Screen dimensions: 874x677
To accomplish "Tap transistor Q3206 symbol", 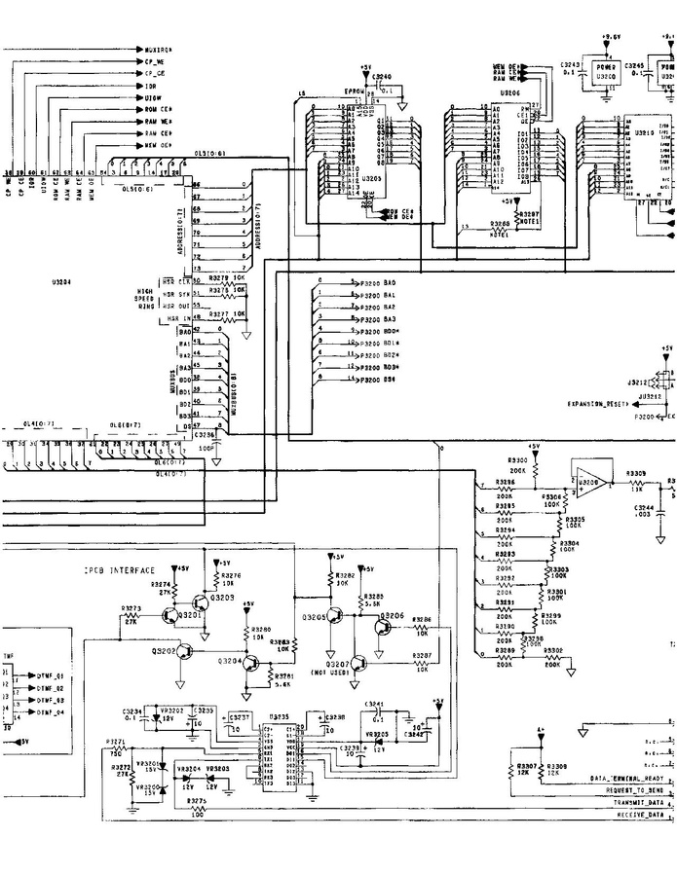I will click(379, 628).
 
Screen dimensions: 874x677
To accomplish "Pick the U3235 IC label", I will click(280, 716).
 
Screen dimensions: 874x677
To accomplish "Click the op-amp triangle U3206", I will click(588, 481).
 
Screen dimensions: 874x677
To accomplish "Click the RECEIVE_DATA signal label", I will click(638, 814).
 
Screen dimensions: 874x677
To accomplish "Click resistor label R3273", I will click(132, 609).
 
